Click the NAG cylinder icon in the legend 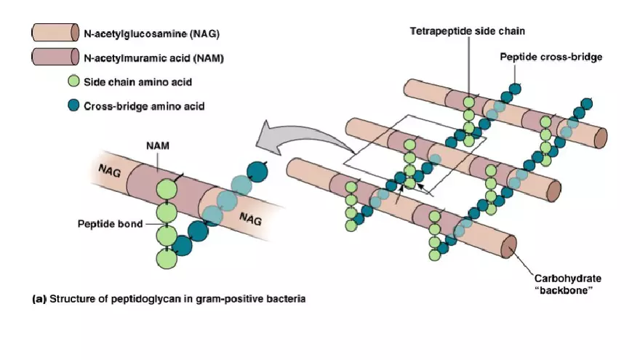click(55, 33)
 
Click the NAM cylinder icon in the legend click(55, 57)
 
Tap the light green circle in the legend click(73, 81)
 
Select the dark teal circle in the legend click(73, 105)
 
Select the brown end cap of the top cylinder click(601, 136)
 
